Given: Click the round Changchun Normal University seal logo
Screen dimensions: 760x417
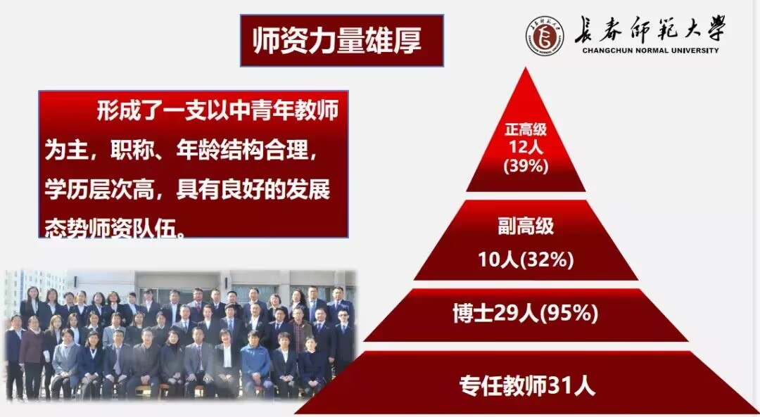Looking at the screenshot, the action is (x=545, y=35).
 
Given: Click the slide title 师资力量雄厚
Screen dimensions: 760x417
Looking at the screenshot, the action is (x=337, y=41).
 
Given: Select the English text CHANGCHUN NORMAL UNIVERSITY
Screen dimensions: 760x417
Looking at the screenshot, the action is (x=650, y=51).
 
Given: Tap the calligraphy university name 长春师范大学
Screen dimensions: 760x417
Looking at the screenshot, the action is (x=650, y=29).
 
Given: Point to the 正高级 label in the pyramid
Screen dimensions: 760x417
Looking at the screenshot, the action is (x=526, y=129).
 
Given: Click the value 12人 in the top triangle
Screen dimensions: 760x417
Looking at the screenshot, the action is (x=526, y=147).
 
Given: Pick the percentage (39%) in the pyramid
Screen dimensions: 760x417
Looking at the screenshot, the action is (x=526, y=166).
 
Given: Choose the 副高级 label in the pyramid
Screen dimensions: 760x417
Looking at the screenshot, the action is (x=526, y=226).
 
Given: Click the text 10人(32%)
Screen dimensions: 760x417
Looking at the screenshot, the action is (x=526, y=260).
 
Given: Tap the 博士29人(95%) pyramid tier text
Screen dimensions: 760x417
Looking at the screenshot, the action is (x=526, y=314).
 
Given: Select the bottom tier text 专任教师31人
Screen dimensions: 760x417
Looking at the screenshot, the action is (x=527, y=386).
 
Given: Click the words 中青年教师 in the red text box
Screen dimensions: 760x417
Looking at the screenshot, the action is (x=295, y=111).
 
